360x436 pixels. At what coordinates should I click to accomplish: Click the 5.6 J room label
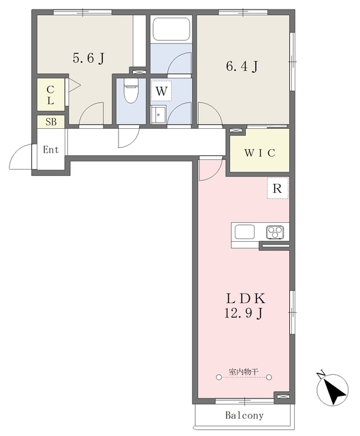click(88, 58)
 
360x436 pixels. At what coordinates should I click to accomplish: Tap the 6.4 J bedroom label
click(242, 66)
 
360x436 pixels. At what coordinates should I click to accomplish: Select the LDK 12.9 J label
click(245, 306)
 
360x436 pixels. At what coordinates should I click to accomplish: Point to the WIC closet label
click(260, 153)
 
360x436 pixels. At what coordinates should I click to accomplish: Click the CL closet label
click(50, 95)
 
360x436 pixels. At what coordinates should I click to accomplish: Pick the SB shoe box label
click(51, 122)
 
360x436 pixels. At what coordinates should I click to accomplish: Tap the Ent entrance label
click(51, 150)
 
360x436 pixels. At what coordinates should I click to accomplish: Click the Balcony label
click(244, 416)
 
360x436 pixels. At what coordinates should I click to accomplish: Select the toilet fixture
click(131, 91)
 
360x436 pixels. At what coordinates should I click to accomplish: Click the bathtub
click(171, 29)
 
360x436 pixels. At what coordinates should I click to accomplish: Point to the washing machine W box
click(161, 91)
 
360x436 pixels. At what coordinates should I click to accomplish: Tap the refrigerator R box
click(278, 188)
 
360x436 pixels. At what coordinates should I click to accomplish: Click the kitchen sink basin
click(244, 232)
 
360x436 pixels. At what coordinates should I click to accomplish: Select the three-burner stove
click(276, 232)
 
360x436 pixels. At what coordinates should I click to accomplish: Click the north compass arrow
click(336, 391)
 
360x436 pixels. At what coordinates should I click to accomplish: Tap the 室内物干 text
click(244, 371)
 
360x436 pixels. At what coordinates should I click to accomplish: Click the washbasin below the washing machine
click(159, 114)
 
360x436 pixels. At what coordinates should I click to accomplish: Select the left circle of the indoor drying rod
click(219, 377)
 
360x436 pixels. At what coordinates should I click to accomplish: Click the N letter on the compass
click(321, 375)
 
